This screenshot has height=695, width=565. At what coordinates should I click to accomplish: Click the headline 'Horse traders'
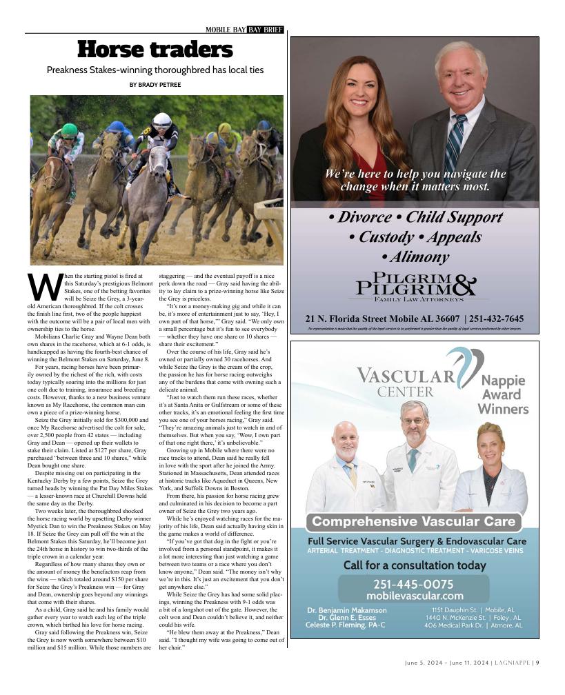[155, 50]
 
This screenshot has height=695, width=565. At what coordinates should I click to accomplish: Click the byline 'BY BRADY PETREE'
[155, 85]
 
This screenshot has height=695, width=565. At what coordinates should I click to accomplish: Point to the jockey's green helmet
[70, 130]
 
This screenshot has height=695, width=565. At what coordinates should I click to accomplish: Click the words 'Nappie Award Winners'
[503, 394]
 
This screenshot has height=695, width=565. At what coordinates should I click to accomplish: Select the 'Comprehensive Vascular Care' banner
[415, 522]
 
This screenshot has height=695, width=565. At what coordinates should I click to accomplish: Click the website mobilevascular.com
[415, 596]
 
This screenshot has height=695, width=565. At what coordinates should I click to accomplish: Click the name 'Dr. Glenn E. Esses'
[347, 618]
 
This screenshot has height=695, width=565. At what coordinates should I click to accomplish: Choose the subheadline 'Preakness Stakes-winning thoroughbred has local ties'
[155, 70]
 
